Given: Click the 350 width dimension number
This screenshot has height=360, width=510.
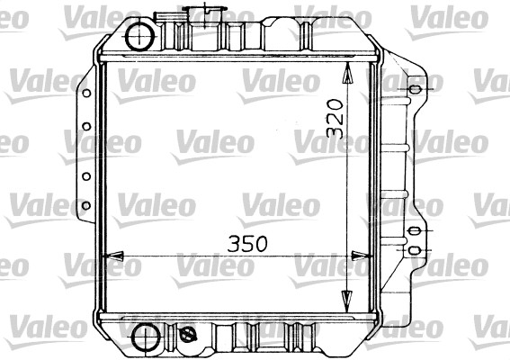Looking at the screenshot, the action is click(247, 244).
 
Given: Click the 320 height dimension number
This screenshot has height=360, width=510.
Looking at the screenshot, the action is click(335, 118).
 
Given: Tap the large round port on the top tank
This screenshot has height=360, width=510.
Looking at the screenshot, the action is click(140, 37).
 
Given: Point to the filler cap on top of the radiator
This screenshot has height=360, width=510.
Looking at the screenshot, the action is click(205, 14).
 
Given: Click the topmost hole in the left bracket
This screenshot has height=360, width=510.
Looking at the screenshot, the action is click(86, 94).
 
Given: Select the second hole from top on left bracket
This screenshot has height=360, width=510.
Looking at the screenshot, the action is click(86, 126).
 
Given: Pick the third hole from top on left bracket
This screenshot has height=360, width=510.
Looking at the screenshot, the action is click(86, 176).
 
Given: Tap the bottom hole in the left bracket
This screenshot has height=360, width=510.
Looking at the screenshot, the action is click(86, 206).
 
